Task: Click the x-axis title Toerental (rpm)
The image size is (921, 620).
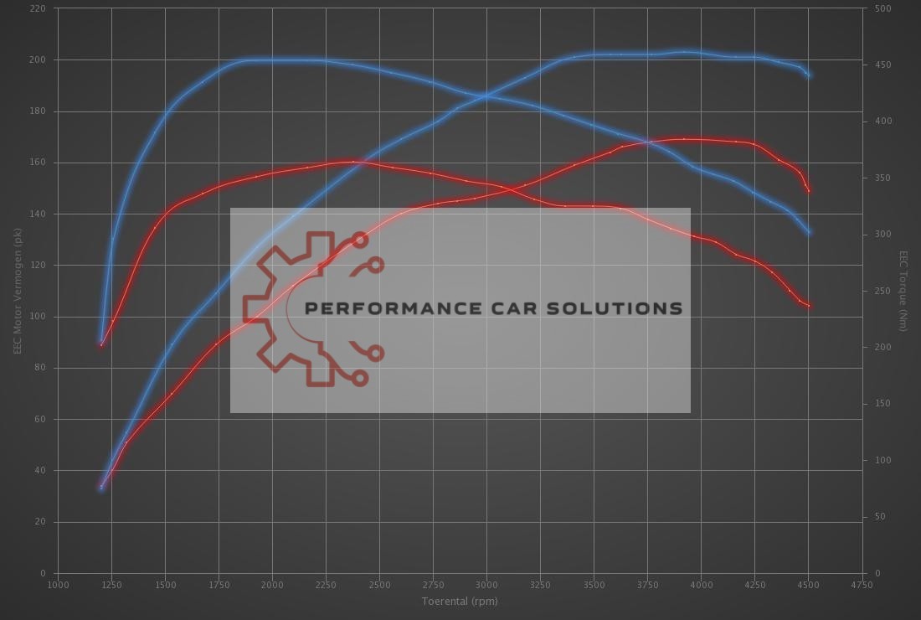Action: point(460,601)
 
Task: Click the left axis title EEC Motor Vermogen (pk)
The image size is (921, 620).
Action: point(17,290)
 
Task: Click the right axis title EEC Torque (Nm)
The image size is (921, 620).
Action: point(903,290)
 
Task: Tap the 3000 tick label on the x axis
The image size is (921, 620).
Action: point(486,584)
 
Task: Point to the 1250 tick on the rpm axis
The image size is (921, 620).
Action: point(111,584)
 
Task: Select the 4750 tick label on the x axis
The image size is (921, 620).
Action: point(862,584)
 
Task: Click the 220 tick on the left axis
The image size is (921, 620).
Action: point(39,8)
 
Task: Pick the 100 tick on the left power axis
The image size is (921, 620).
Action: point(39,317)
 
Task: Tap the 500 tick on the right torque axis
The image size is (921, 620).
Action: point(882,8)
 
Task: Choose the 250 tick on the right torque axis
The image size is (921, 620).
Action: point(882,291)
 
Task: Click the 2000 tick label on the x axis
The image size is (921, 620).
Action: point(272,584)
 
